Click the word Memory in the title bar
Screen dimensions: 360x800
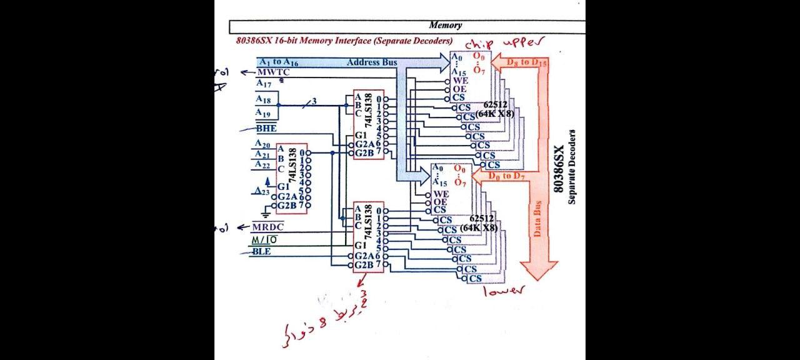point(446,26)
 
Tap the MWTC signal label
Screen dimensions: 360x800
point(272,72)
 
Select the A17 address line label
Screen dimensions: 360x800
point(264,82)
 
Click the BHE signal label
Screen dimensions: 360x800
point(266,129)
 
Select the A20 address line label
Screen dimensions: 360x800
point(263,144)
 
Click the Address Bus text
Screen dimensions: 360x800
point(372,62)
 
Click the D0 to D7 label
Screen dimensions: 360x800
point(506,177)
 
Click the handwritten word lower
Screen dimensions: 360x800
point(504,290)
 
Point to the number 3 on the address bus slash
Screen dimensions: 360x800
point(314,102)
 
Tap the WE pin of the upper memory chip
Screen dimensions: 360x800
point(460,81)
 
